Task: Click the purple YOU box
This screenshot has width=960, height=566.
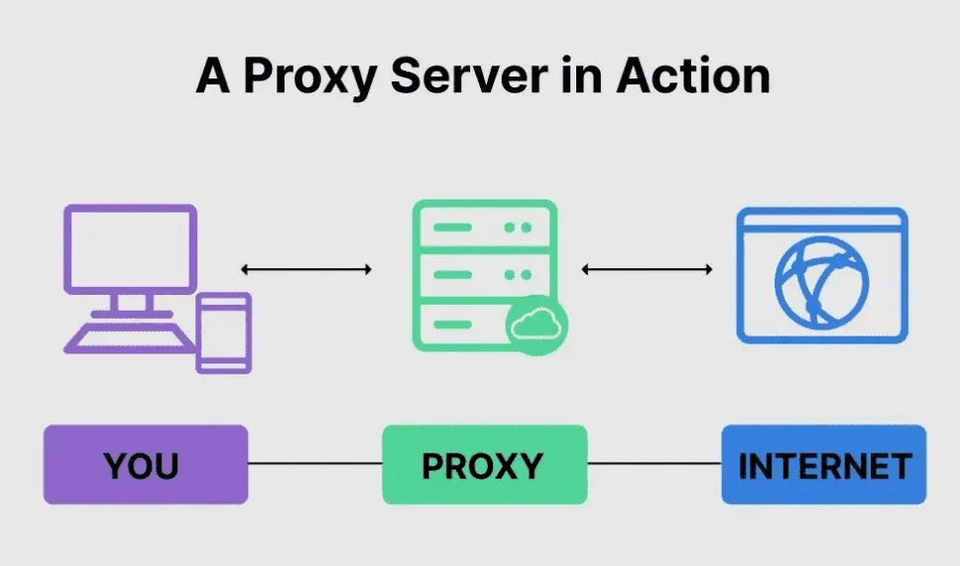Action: [145, 465]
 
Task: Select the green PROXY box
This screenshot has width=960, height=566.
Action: [484, 465]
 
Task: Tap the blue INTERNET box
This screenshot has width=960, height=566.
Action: [823, 465]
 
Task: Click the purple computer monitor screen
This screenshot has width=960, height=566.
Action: [129, 248]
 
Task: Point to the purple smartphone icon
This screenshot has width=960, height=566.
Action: [224, 333]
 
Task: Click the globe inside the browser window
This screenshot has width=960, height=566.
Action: [821, 283]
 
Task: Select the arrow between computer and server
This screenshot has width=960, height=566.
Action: [306, 269]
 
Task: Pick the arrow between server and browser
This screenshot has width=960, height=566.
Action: [647, 269]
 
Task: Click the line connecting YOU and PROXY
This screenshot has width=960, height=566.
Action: [315, 464]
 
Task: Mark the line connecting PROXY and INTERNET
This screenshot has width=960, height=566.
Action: [655, 464]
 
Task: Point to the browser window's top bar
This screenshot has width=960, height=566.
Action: [821, 223]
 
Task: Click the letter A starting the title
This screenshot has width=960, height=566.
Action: [213, 75]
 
